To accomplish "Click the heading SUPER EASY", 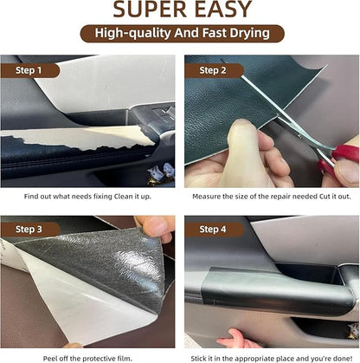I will click(x=180, y=10).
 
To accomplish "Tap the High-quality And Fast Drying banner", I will click(x=180, y=34).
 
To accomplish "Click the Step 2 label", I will click(x=213, y=69).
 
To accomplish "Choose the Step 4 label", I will click(x=213, y=230).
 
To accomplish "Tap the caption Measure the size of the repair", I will click(x=271, y=198).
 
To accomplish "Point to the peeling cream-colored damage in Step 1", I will click(x=78, y=137).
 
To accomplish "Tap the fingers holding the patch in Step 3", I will click(x=156, y=227).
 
